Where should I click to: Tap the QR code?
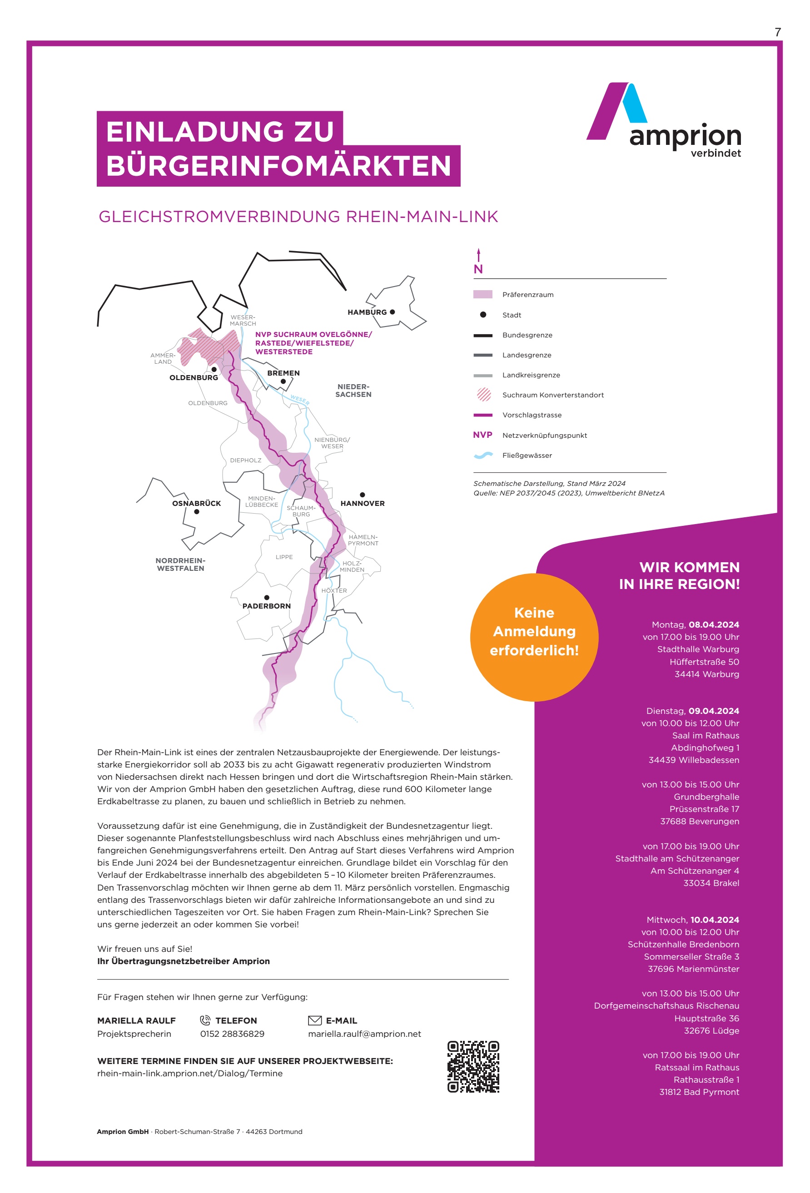[473, 1067]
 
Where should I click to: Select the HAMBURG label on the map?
[367, 312]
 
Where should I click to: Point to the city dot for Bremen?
[283, 381]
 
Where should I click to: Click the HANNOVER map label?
[362, 504]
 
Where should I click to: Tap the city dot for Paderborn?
[267, 598]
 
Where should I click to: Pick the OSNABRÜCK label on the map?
[196, 504]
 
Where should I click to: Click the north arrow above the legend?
[478, 255]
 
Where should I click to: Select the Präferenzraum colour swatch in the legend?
[482, 295]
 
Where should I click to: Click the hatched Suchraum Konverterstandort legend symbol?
[483, 395]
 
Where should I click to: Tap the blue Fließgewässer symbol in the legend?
[483, 455]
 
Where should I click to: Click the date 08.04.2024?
[713, 625]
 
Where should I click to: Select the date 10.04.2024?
[715, 920]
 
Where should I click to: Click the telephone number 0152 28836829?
[232, 1034]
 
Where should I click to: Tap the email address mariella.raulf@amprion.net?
[364, 1034]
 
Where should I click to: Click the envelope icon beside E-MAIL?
[314, 1020]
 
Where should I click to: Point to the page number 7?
[778, 32]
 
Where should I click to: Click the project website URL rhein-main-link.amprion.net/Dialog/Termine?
[189, 1074]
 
